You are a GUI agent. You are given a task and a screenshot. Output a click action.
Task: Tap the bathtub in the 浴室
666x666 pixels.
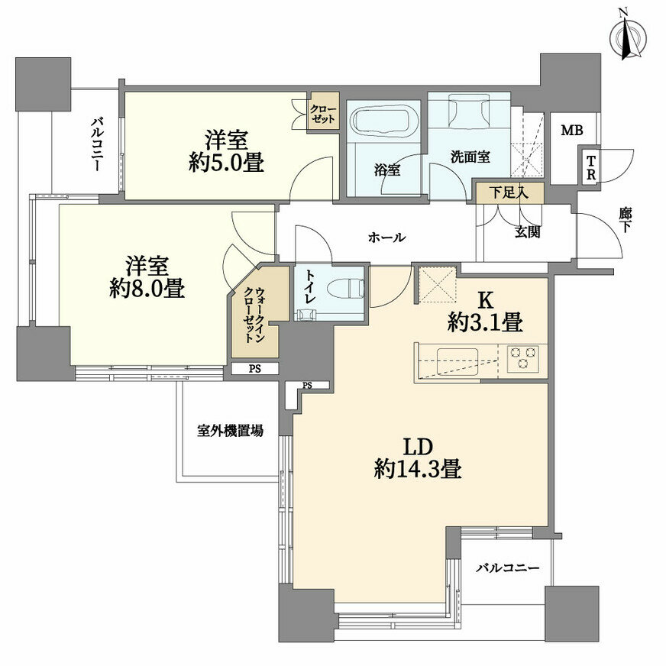[x=385, y=122]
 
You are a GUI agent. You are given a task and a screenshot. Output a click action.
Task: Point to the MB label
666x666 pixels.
[x=572, y=131]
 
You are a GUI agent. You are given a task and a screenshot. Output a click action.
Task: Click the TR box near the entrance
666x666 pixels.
[x=591, y=167]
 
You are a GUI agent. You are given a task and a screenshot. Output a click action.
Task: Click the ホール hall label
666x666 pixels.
[x=386, y=238]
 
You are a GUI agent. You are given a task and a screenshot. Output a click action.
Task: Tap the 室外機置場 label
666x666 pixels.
[x=230, y=431]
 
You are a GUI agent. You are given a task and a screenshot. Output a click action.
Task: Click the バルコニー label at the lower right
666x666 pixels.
[x=508, y=568]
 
